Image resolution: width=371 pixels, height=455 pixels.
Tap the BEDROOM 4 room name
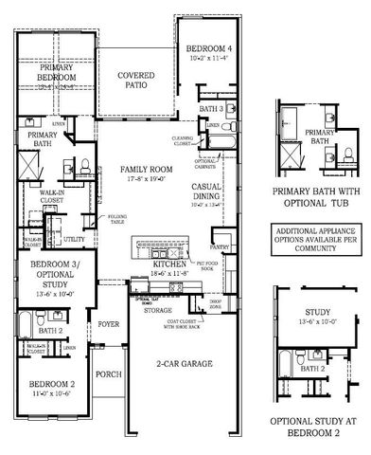point(206,47)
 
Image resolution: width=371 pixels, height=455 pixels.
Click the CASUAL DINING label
point(206,191)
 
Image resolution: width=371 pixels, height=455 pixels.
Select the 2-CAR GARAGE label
point(184,363)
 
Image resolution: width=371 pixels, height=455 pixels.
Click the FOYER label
point(109,324)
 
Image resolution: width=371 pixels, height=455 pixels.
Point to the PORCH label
point(109,374)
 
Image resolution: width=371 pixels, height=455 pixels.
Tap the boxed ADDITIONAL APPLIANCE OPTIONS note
point(318,236)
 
